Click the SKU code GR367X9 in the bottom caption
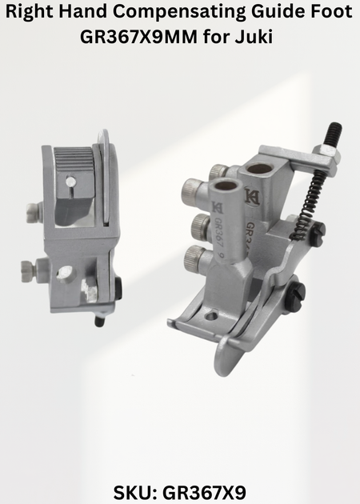[204, 493]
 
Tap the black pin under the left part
[99, 321]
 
